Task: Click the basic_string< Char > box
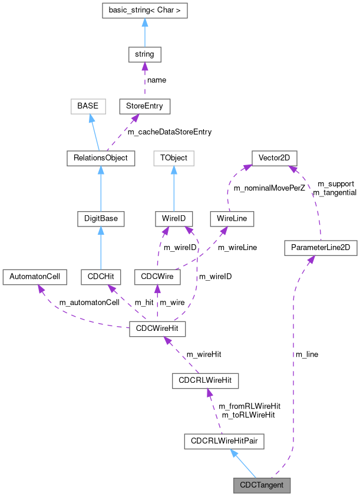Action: point(144,10)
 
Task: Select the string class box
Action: point(144,54)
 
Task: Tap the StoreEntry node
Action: point(144,106)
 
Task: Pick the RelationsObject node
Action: point(101,158)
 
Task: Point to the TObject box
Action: point(174,158)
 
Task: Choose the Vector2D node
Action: point(274,158)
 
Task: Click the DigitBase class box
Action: point(101,219)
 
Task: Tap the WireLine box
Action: point(232,219)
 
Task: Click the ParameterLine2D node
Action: point(321,248)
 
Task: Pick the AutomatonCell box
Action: point(35,277)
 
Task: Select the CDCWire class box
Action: point(157,277)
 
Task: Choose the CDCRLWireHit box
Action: point(204,381)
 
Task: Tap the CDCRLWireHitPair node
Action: point(223,441)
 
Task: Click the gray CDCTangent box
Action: point(262,485)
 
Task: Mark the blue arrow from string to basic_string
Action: point(144,32)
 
